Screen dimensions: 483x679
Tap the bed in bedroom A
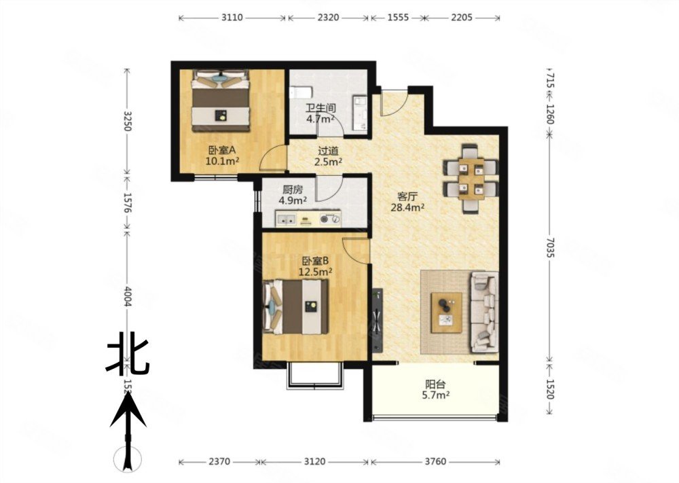tap(221, 102)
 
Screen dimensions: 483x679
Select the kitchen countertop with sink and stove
tap(312, 219)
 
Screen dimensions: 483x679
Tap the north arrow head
tap(128, 410)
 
